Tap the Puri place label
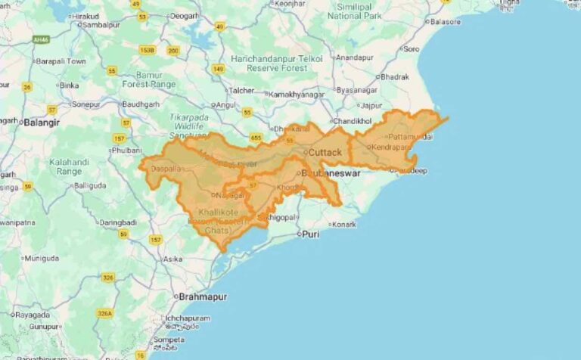(310, 234)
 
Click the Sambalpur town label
(100, 25)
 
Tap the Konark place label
(344, 225)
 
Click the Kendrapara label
(389, 146)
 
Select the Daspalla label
(166, 169)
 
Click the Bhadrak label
(395, 77)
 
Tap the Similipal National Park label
(355, 11)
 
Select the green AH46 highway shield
(42, 39)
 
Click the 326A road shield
(105, 313)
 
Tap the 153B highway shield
(147, 50)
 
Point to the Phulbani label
(126, 151)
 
